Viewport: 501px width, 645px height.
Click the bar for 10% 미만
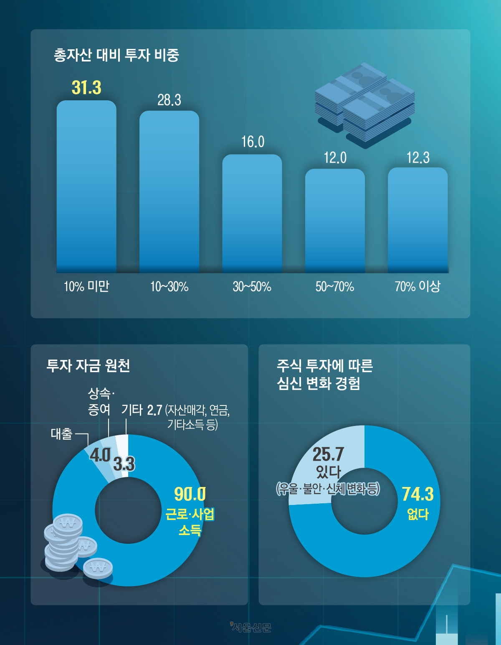pyautogui.click(x=86, y=188)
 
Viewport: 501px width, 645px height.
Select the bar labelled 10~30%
pyautogui.click(x=169, y=192)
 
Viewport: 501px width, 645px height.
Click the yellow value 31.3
pyautogui.click(x=86, y=88)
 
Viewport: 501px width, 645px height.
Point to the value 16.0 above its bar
pyautogui.click(x=253, y=142)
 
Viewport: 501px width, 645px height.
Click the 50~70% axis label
pyautogui.click(x=335, y=287)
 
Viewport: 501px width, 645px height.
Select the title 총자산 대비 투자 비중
pyautogui.click(x=116, y=55)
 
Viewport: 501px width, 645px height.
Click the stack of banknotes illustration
pyautogui.click(x=364, y=105)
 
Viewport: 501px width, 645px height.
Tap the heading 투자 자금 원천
pyautogui.click(x=88, y=366)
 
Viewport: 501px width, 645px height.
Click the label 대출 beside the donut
pyautogui.click(x=61, y=434)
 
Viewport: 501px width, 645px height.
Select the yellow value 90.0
pyautogui.click(x=190, y=495)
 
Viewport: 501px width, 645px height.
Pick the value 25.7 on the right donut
pyautogui.click(x=328, y=454)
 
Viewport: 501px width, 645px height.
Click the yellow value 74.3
pyautogui.click(x=417, y=495)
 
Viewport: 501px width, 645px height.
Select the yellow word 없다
pyautogui.click(x=417, y=514)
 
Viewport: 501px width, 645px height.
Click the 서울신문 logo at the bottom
pyautogui.click(x=250, y=627)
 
